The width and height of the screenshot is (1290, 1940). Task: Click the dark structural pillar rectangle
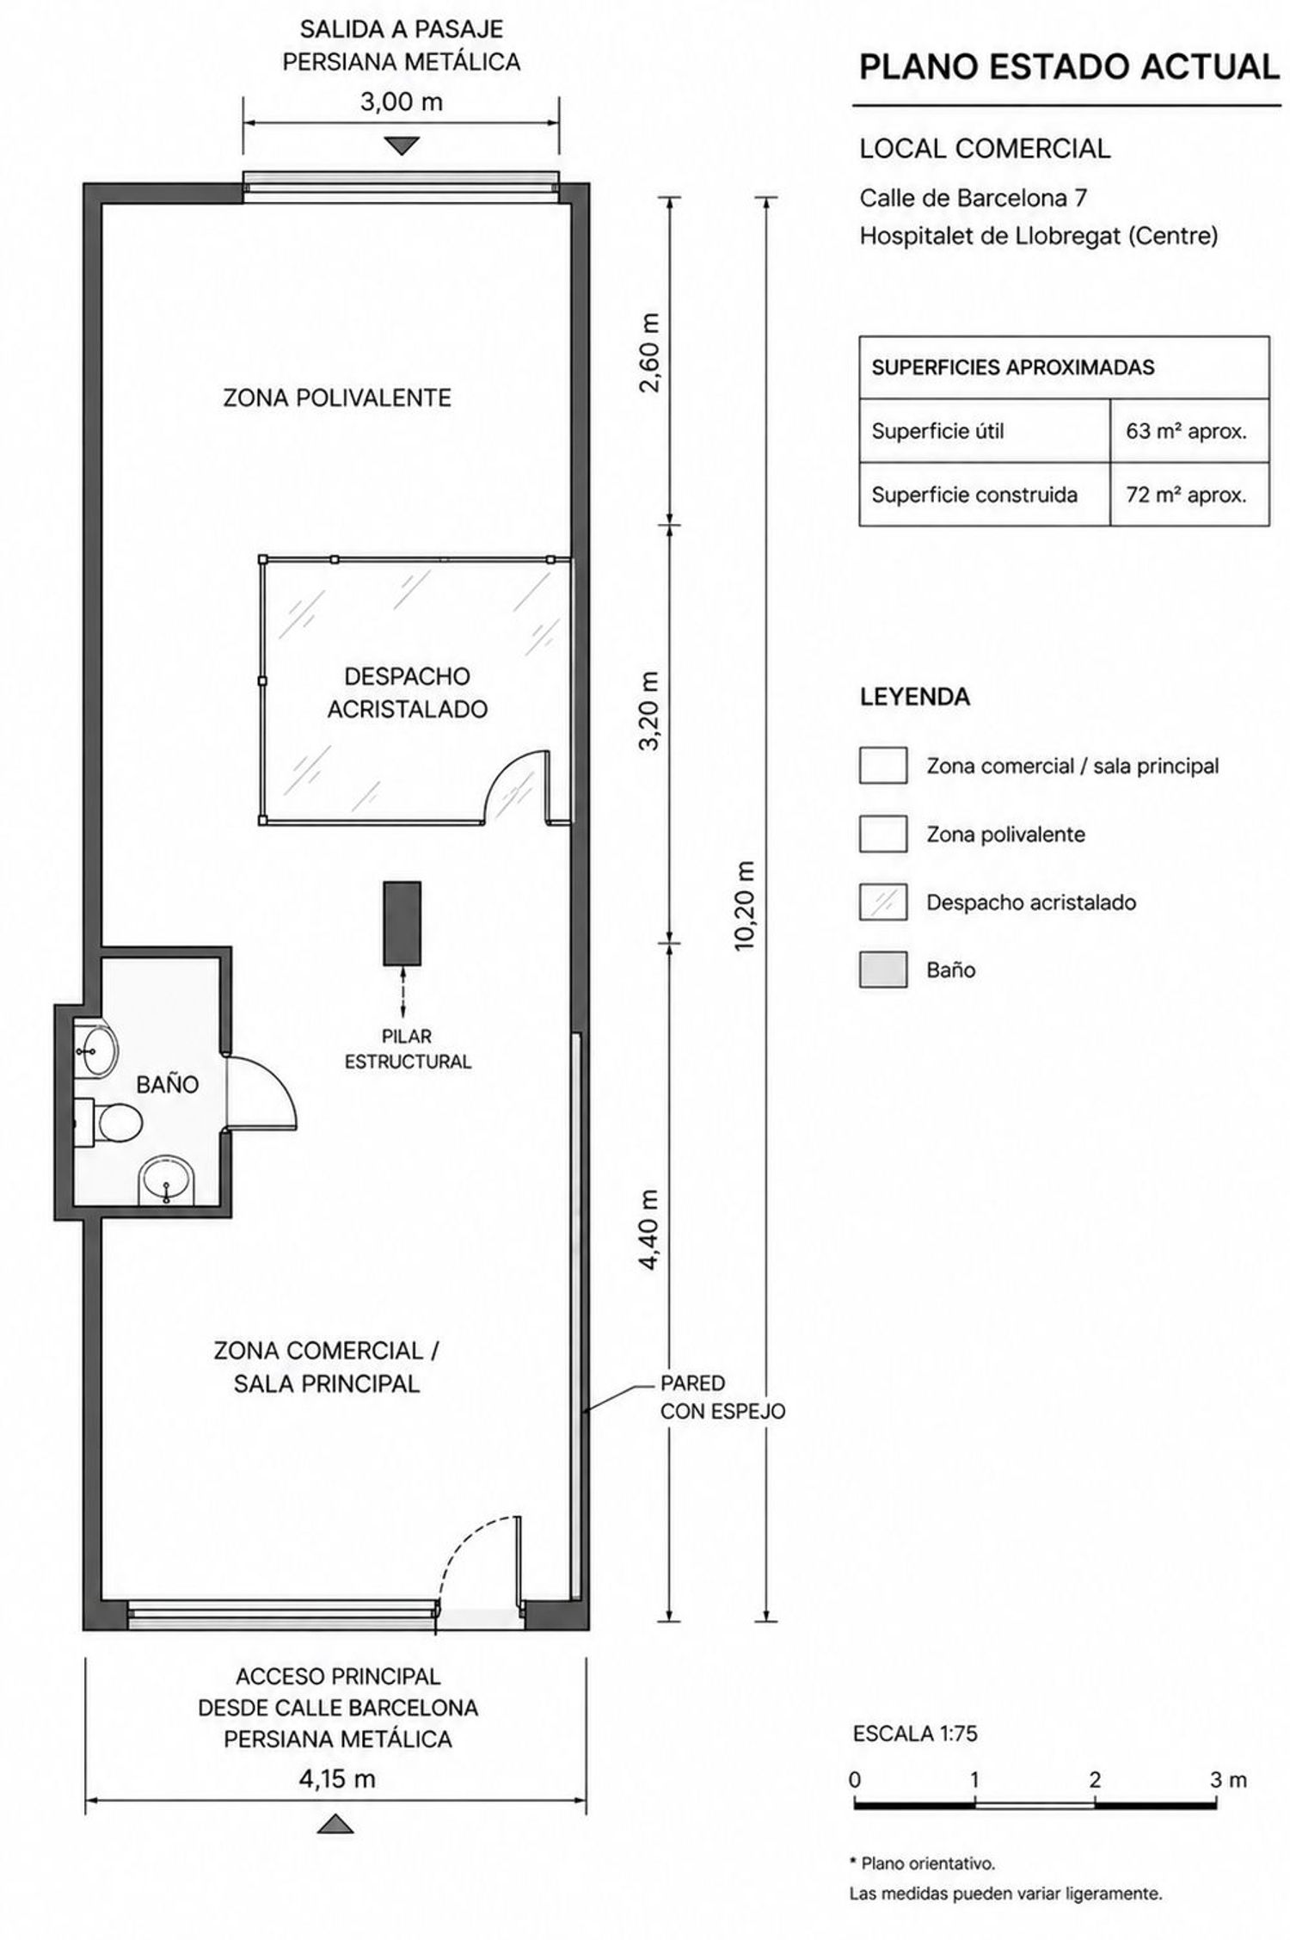[x=402, y=922]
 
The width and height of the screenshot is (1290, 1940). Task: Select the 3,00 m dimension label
[x=401, y=102]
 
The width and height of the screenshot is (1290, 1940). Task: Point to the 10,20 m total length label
[x=745, y=906]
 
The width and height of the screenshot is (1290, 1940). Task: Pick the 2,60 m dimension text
[x=650, y=352]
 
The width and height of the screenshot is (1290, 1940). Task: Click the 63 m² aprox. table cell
[x=1186, y=431]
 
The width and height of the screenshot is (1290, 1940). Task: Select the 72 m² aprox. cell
[x=1186, y=495]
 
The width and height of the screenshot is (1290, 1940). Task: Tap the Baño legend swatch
[x=883, y=970]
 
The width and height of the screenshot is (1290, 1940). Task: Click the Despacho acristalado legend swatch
[x=883, y=902]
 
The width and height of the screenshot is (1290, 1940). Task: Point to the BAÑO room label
[x=168, y=1085]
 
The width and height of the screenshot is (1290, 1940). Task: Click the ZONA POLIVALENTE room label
[x=337, y=397]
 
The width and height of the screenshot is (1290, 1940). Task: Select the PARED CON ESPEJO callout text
[x=722, y=1397]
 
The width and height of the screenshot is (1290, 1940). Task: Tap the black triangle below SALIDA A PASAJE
[x=401, y=145]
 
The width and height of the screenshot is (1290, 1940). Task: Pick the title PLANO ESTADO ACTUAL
[x=1070, y=67]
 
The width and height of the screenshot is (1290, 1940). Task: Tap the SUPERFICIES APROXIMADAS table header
[x=1013, y=367]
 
